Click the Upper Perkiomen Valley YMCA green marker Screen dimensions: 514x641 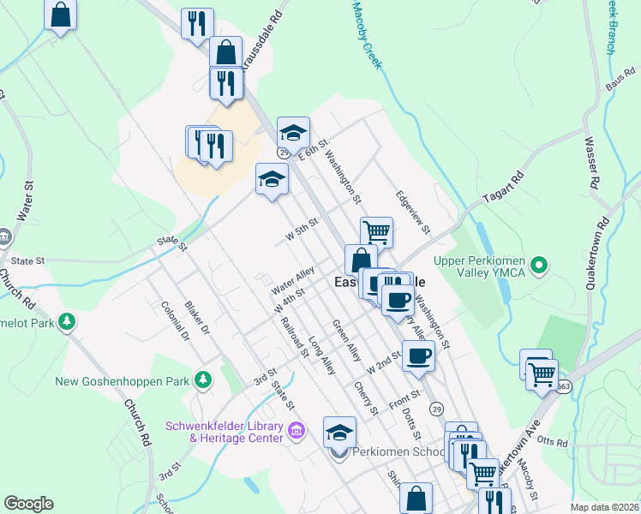[538, 266]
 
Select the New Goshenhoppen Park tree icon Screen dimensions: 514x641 [202, 379]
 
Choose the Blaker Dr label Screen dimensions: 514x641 [196, 316]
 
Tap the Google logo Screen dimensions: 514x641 [28, 504]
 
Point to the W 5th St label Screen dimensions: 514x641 [302, 229]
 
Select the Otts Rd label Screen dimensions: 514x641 [554, 443]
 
